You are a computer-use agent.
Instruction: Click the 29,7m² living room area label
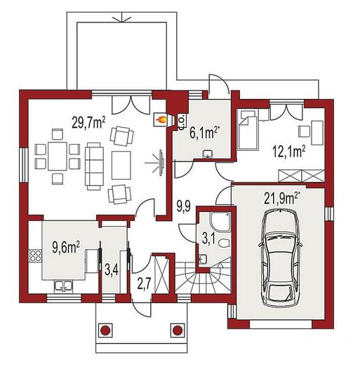[88, 123]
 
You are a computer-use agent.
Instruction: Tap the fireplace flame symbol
[161, 120]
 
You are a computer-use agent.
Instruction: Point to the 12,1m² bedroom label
[289, 152]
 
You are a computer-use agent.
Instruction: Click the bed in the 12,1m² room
[248, 130]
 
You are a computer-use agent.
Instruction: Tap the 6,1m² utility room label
[204, 133]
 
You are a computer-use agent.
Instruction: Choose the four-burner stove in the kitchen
[35, 255]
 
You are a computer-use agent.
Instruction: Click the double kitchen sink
[63, 286]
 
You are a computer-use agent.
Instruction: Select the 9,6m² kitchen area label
[66, 248]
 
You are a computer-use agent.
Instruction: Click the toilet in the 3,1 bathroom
[225, 243]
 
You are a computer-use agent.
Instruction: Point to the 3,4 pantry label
[112, 271]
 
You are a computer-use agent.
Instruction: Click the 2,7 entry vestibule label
[144, 284]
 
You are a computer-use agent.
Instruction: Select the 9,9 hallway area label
[183, 206]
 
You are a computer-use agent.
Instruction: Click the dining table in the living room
[58, 156]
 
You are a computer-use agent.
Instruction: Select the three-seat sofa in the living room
[94, 166]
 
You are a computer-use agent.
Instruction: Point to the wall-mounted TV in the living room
[161, 162]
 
